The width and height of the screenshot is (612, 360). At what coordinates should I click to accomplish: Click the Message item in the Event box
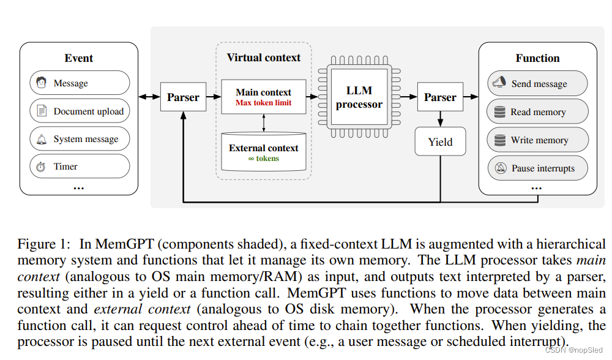(80, 83)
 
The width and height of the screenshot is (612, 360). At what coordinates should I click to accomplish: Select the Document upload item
(80, 111)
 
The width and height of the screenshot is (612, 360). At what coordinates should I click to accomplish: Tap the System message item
(80, 139)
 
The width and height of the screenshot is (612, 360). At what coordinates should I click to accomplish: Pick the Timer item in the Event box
(80, 167)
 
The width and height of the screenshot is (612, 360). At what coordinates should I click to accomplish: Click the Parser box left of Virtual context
(183, 97)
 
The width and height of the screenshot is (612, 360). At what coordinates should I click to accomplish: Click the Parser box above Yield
(440, 97)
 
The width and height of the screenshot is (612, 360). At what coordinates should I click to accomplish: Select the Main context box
(263, 97)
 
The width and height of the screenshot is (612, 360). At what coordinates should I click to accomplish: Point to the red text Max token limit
(264, 103)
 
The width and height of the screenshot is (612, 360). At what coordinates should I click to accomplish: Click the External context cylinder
(263, 152)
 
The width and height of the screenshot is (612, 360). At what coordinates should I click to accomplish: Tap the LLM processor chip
(359, 97)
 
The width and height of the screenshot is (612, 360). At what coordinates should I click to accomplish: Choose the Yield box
(440, 141)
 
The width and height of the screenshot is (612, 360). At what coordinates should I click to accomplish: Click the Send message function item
(537, 84)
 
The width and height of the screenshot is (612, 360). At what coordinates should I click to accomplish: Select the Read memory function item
(537, 112)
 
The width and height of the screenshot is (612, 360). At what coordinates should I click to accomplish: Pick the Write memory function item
(537, 140)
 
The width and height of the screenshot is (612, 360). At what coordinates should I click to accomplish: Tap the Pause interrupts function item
(537, 168)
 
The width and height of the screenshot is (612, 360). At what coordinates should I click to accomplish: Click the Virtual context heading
(263, 58)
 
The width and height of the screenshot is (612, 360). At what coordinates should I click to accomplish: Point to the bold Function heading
(537, 58)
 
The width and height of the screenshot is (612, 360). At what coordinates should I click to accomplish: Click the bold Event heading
(79, 58)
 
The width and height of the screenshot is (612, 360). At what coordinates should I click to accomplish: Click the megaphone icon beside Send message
(499, 83)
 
